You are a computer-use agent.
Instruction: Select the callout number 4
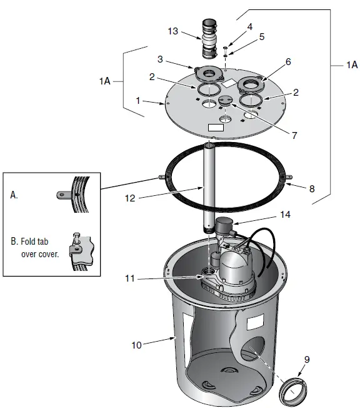click(x=249, y=27)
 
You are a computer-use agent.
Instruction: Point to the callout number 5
click(x=261, y=37)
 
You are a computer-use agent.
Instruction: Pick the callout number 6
click(x=288, y=62)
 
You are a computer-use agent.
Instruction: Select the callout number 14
click(x=285, y=213)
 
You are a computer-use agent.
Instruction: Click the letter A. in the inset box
click(x=14, y=195)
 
